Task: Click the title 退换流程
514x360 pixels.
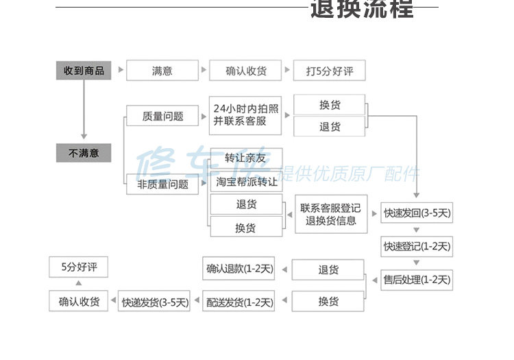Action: click(362, 10)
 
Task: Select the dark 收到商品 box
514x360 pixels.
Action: click(84, 70)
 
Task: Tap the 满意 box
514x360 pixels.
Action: click(162, 71)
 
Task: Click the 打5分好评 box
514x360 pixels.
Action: click(329, 71)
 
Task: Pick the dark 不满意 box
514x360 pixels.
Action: click(84, 153)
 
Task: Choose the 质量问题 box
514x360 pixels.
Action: click(162, 116)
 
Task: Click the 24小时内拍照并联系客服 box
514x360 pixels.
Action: click(246, 115)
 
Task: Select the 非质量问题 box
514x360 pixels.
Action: click(162, 184)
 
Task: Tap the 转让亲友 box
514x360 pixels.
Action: click(245, 158)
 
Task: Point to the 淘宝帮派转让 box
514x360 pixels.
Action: click(246, 182)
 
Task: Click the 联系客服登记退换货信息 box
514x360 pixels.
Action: click(330, 214)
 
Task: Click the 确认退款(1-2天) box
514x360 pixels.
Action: click(239, 269)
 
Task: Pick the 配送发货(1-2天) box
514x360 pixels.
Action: click(238, 301)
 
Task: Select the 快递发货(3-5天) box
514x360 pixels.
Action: click(155, 302)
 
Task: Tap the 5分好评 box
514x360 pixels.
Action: click(79, 267)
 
